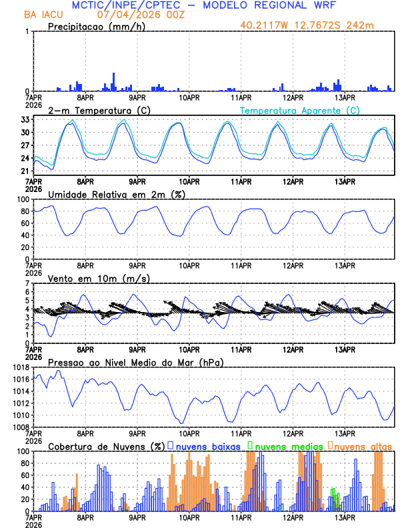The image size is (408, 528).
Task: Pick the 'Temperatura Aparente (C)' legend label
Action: tap(299, 110)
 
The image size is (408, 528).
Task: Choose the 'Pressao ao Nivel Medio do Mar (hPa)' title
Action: tap(135, 362)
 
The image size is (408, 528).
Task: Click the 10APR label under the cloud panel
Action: tap(189, 517)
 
